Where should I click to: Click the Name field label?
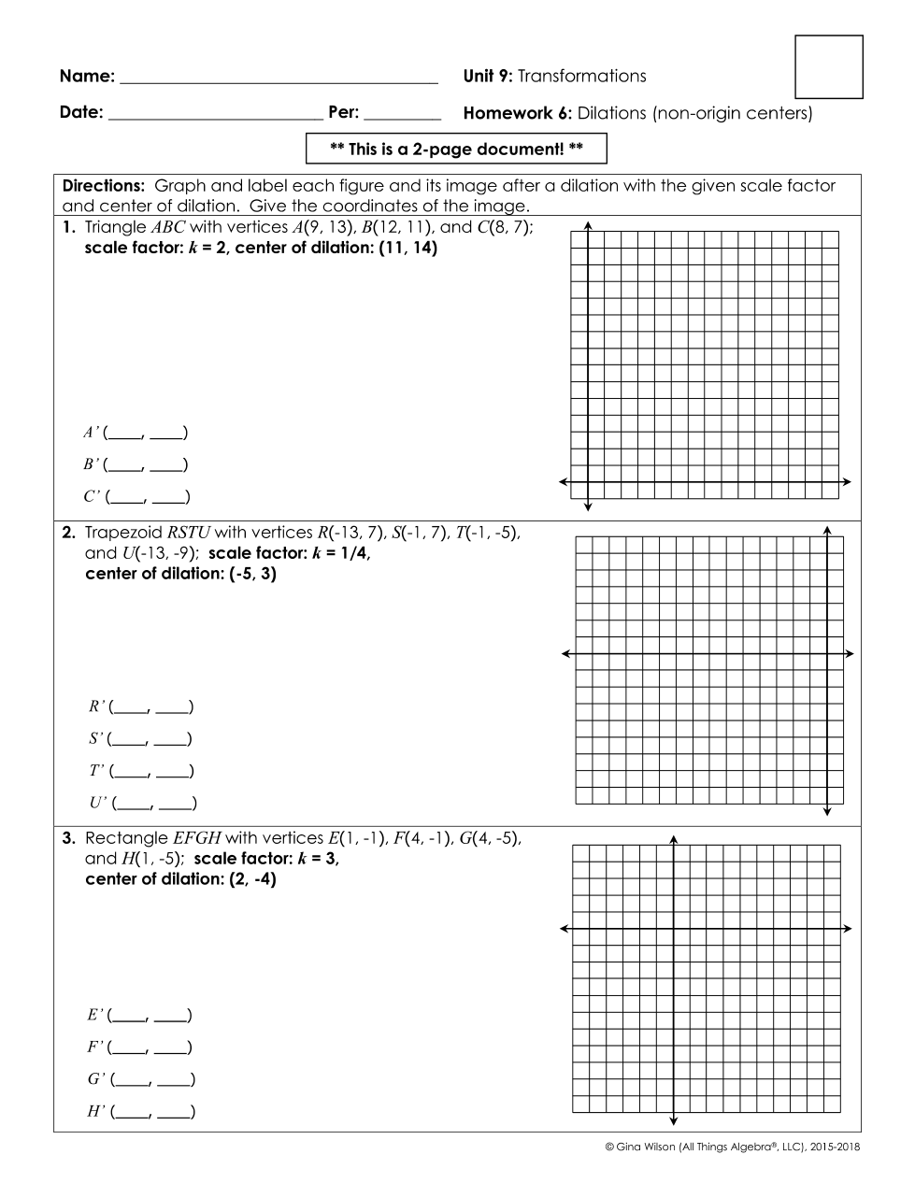pyautogui.click(x=87, y=77)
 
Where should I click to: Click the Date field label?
pyautogui.click(x=80, y=113)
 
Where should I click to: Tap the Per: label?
pyautogui.click(x=343, y=113)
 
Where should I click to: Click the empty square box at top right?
pyautogui.click(x=828, y=67)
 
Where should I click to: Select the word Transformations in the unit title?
pyautogui.click(x=581, y=77)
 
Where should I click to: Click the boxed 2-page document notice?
pyautogui.click(x=456, y=149)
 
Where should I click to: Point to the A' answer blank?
pyautogui.click(x=145, y=433)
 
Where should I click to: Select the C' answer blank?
pyautogui.click(x=147, y=497)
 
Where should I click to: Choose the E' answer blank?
pyautogui.click(x=149, y=1015)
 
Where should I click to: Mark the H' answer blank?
pyautogui.click(x=151, y=1112)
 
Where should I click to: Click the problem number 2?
pyautogui.click(x=68, y=533)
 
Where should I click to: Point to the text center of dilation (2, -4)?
pyautogui.click(x=180, y=879)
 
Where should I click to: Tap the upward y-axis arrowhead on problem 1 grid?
pyautogui.click(x=587, y=225)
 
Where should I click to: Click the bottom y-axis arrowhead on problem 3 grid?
pyautogui.click(x=673, y=1121)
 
